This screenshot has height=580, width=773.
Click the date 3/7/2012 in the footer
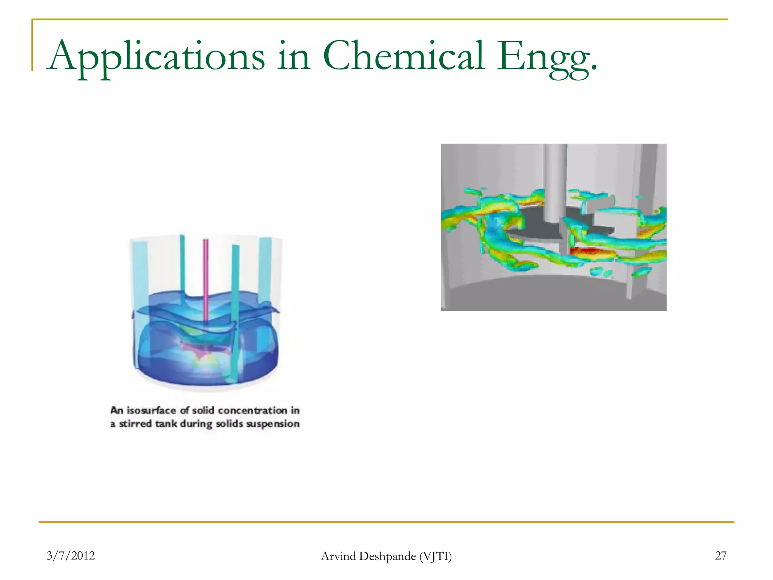pyautogui.click(x=71, y=555)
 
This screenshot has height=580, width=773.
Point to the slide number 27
pyautogui.click(x=721, y=555)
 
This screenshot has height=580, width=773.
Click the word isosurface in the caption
pyautogui.click(x=151, y=410)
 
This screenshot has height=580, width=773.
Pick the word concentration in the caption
pyautogui.click(x=253, y=410)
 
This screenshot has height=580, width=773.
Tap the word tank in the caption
pyautogui.click(x=166, y=424)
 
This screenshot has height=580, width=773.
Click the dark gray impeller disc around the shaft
pyautogui.click(x=536, y=227)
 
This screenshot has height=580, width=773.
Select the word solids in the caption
pyautogui.click(x=229, y=424)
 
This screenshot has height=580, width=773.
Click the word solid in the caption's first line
pyautogui.click(x=203, y=410)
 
